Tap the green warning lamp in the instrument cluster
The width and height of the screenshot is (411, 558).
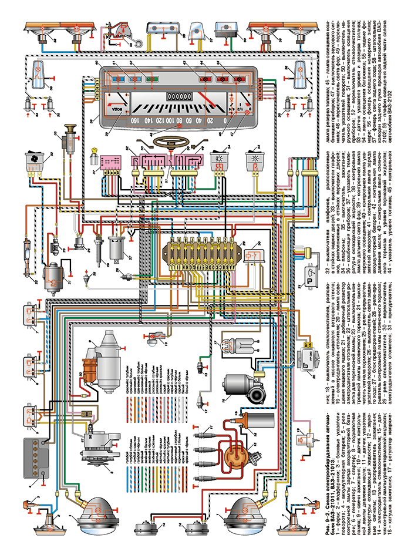pos(153,78)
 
